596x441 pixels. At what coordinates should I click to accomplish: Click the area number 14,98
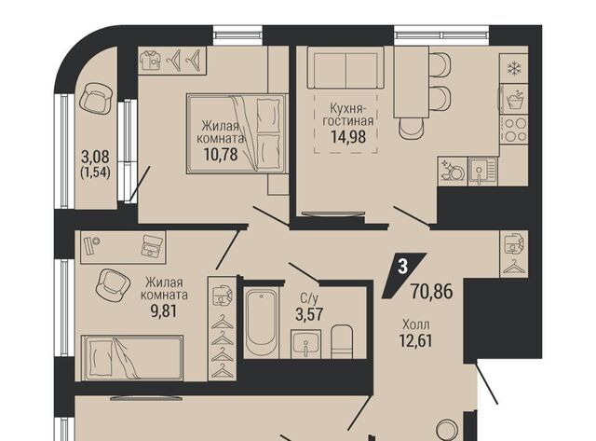(x=348, y=136)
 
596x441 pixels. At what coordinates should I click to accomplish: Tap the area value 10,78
(x=221, y=154)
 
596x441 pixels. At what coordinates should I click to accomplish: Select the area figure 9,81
(x=164, y=311)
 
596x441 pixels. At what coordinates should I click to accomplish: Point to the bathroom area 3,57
(x=310, y=314)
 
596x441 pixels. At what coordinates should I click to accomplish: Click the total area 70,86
(x=432, y=292)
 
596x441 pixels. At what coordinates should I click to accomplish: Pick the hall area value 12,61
(x=416, y=339)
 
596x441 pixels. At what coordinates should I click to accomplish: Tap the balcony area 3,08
(x=95, y=157)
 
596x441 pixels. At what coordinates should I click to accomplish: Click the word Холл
(x=416, y=324)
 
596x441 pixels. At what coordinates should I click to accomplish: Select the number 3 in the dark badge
(x=403, y=266)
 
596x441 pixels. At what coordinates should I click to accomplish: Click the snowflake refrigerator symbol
(x=515, y=69)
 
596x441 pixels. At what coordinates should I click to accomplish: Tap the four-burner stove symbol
(x=515, y=131)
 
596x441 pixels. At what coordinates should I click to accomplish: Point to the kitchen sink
(x=482, y=171)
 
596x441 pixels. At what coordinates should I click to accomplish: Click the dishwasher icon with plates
(x=453, y=171)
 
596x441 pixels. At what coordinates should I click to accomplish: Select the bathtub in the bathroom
(x=261, y=323)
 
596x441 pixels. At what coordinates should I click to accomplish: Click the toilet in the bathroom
(x=342, y=341)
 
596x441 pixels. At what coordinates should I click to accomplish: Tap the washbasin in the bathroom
(x=306, y=344)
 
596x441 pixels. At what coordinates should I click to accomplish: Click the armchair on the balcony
(x=96, y=98)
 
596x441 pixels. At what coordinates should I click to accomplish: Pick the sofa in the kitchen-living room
(x=345, y=68)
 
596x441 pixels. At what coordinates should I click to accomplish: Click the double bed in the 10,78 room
(x=236, y=134)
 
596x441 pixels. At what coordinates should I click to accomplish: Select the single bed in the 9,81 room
(x=132, y=358)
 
